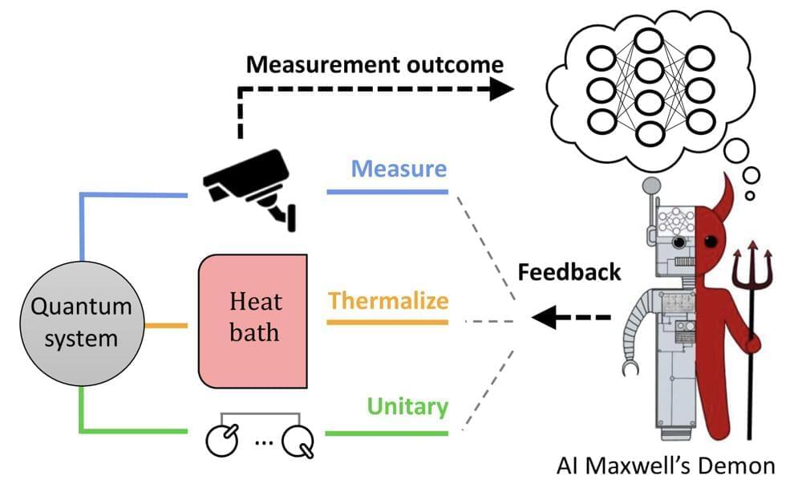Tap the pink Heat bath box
(254, 321)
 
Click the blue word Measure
(399, 170)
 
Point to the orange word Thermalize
(388, 301)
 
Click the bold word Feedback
(569, 271)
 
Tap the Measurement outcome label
(375, 63)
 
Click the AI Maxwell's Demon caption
(665, 465)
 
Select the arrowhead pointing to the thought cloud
(500, 89)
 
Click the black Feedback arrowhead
(545, 319)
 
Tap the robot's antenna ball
(652, 184)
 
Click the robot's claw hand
(631, 367)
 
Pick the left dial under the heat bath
(222, 438)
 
